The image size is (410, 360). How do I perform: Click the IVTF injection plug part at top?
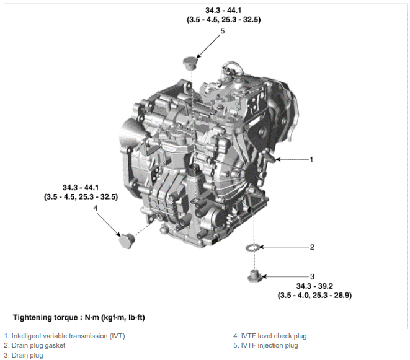[x=190, y=63]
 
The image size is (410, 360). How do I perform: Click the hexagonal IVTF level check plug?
[x=127, y=240]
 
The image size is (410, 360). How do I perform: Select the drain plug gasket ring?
[x=253, y=247]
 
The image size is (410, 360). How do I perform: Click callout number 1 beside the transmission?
[x=311, y=159]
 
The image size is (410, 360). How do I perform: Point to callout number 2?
[x=312, y=247]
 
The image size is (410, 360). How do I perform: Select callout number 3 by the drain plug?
[x=312, y=276]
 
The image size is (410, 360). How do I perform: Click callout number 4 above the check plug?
[x=95, y=208]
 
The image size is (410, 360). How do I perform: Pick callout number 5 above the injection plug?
[x=223, y=31]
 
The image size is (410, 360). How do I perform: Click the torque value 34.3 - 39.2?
[x=314, y=286]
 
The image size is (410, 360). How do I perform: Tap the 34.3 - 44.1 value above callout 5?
[x=223, y=11]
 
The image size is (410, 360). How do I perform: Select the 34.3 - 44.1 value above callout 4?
[x=81, y=188]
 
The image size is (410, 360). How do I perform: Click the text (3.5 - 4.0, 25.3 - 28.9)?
[x=314, y=296]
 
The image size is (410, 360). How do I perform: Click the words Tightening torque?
[x=45, y=317]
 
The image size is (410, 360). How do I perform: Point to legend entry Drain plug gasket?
[x=38, y=345]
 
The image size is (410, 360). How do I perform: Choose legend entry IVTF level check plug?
[x=274, y=336]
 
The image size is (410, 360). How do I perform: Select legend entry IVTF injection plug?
[x=269, y=345]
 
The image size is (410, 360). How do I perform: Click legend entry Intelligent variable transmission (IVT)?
[x=68, y=336]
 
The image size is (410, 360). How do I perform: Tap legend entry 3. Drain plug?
[x=24, y=355]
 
